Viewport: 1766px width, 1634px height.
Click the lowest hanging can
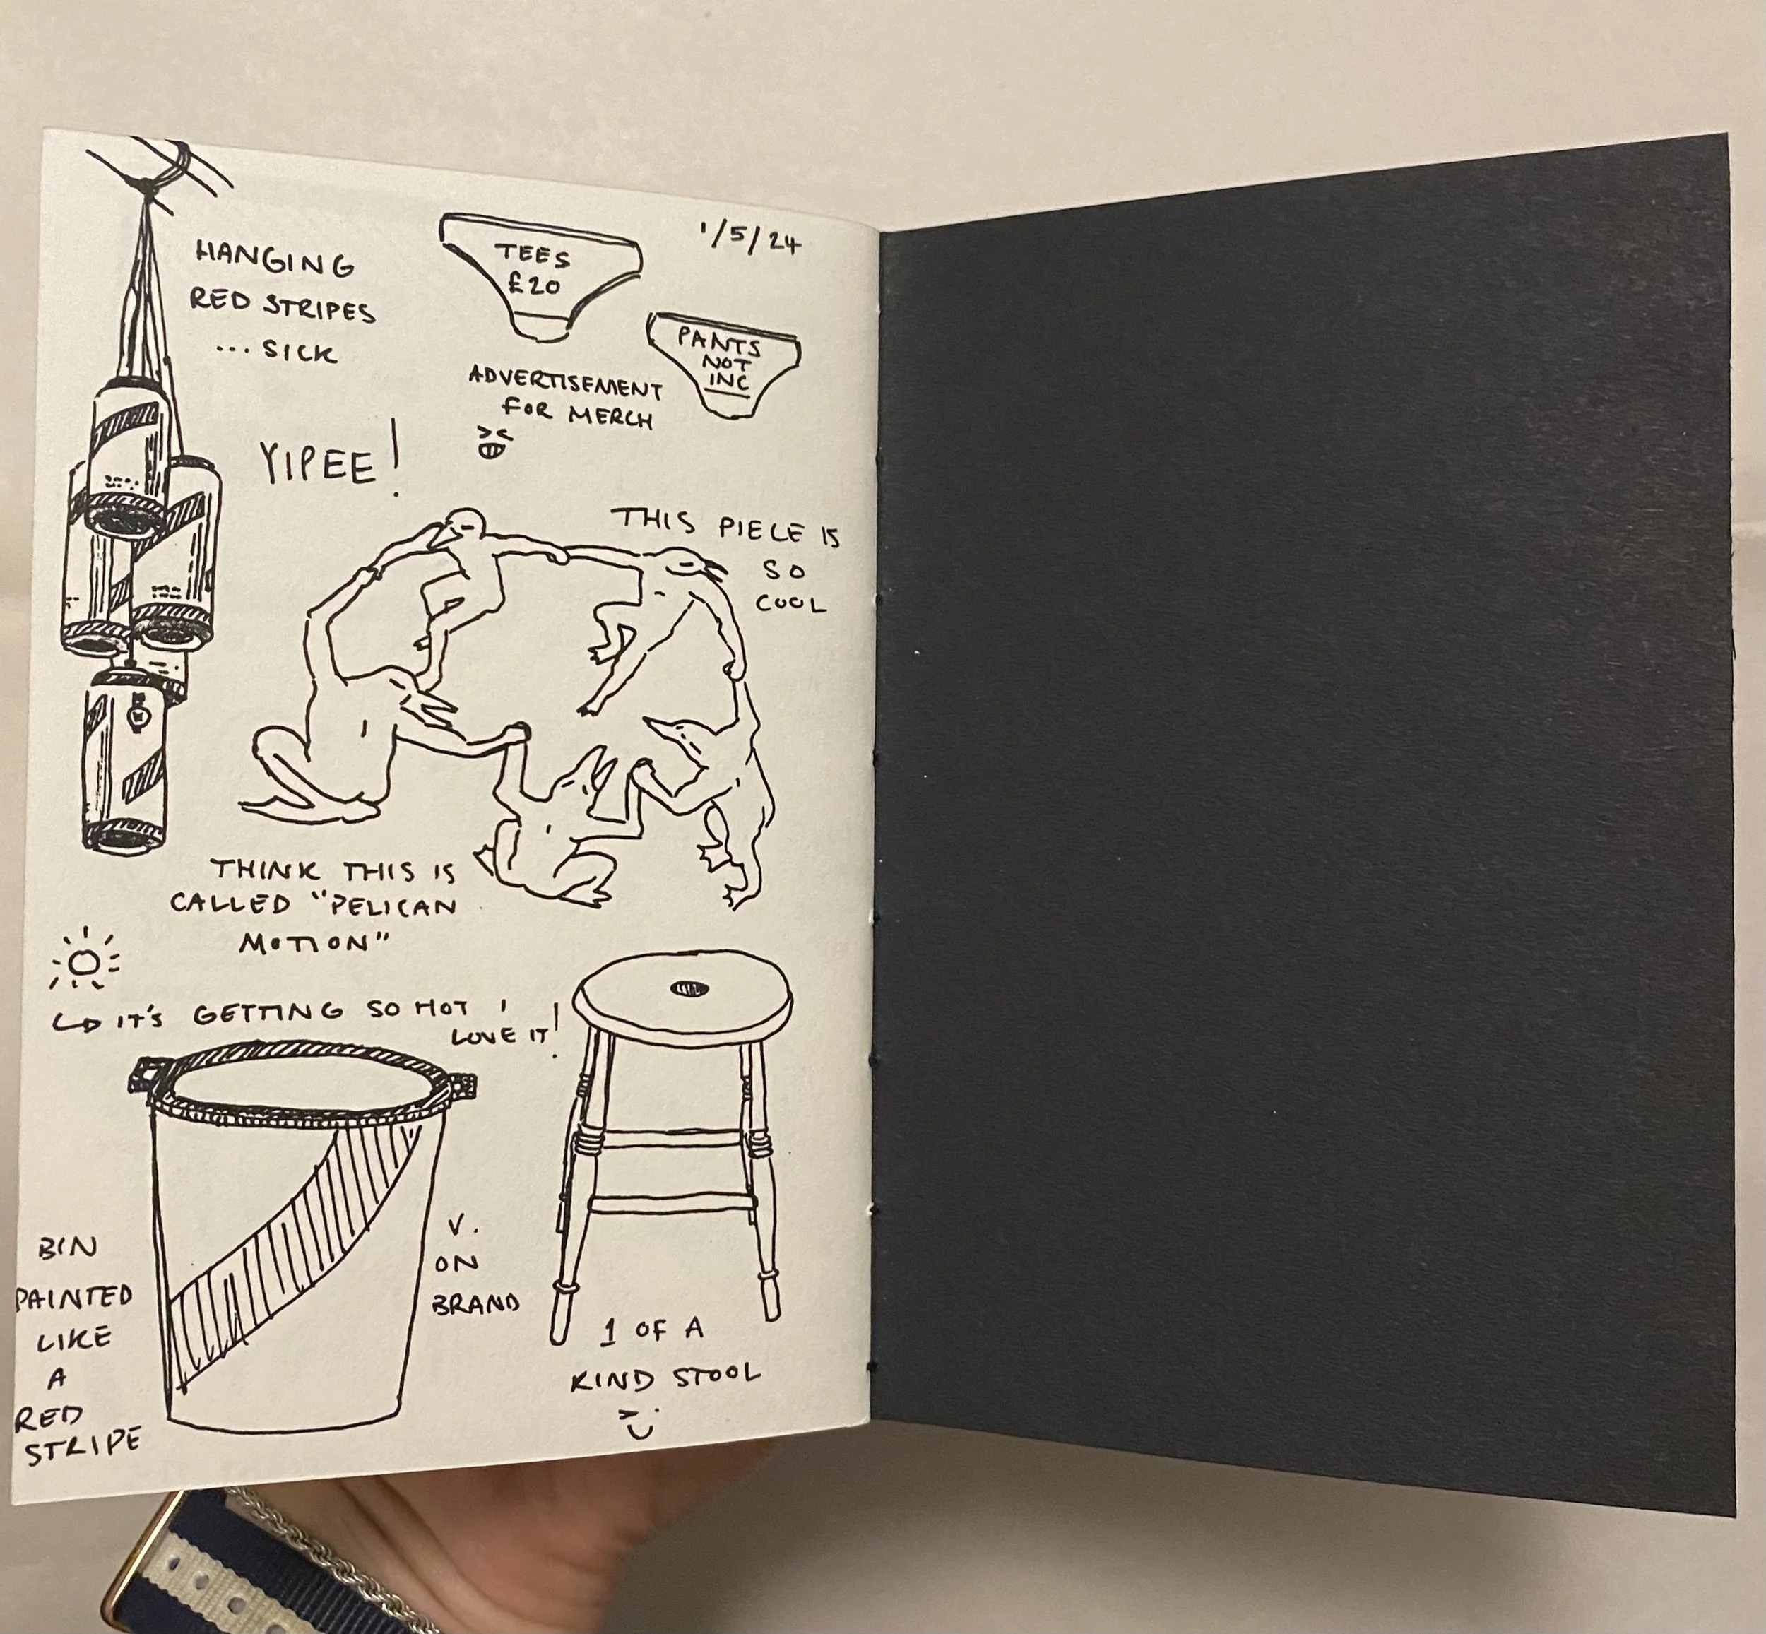pyautogui.click(x=126, y=762)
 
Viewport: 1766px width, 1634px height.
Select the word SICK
pyautogui.click(x=301, y=352)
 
